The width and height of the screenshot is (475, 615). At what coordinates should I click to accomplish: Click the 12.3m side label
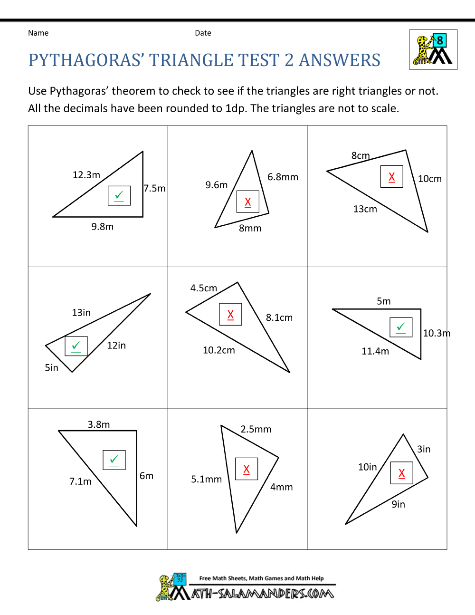tap(86, 175)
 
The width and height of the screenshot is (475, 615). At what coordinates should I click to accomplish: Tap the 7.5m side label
tap(155, 188)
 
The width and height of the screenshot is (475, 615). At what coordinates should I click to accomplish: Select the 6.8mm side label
tap(283, 177)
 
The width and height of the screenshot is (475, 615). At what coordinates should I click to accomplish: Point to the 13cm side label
tap(365, 209)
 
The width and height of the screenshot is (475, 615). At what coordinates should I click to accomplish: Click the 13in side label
tap(81, 312)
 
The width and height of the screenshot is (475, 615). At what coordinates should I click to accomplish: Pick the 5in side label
tap(51, 367)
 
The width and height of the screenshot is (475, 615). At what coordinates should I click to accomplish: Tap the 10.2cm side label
tap(218, 350)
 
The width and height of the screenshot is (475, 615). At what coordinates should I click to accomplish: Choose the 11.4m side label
tap(375, 351)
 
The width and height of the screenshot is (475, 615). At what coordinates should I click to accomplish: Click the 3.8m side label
tap(98, 424)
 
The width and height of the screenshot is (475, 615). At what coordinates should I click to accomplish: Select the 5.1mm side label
tap(206, 479)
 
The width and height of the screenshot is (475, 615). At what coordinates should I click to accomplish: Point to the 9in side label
tap(398, 504)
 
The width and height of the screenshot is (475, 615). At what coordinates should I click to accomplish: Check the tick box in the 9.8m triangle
tap(119, 195)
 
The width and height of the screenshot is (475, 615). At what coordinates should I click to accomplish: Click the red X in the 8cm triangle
tap(392, 177)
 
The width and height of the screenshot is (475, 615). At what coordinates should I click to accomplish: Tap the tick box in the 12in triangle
tap(76, 346)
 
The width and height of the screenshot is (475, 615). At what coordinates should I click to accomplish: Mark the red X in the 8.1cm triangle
tap(230, 314)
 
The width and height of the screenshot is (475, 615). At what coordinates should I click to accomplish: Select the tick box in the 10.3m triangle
tap(401, 327)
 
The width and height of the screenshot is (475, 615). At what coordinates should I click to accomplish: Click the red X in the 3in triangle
tap(402, 473)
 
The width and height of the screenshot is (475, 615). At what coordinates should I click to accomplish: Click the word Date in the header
tap(203, 33)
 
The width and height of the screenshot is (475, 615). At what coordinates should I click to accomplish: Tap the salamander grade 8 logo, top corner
tap(433, 49)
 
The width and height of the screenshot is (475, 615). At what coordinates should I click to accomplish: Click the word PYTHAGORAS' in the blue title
tap(86, 60)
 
